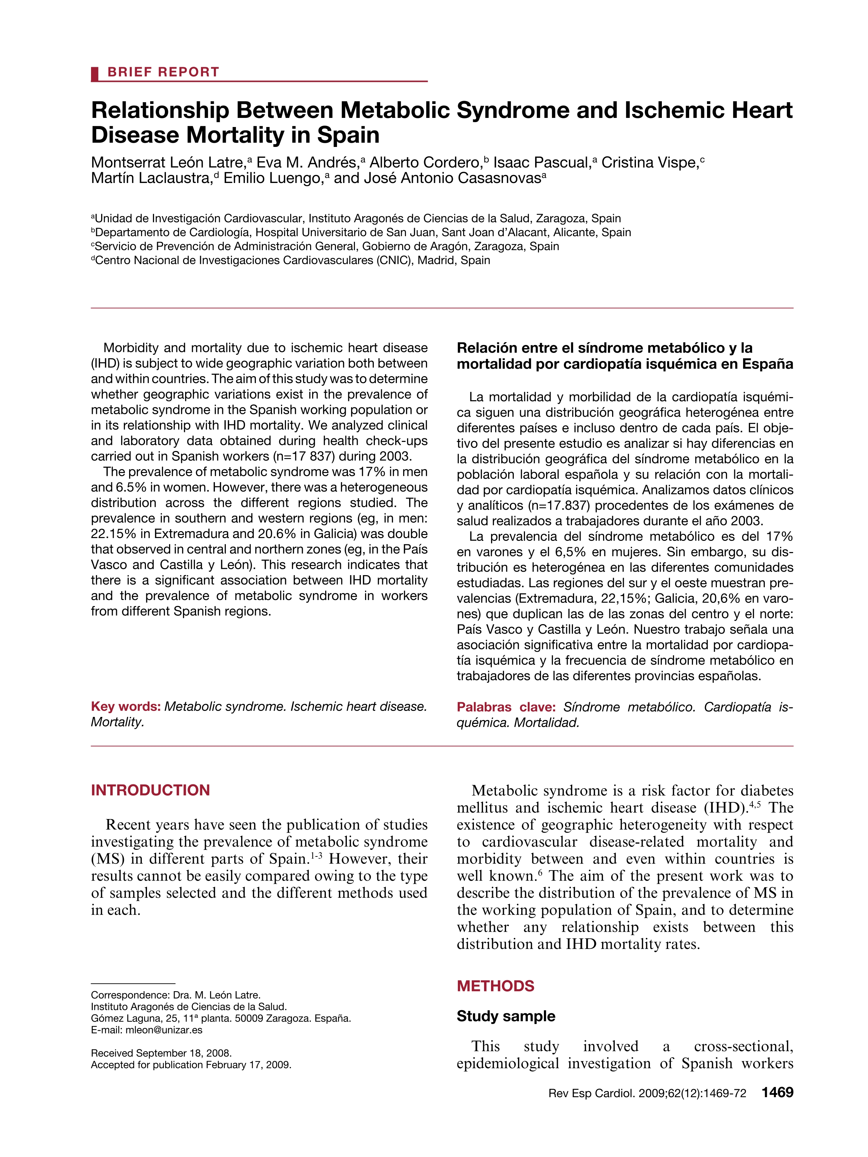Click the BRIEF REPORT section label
tap(163, 72)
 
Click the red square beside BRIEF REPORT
tap(95, 74)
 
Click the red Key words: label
tap(126, 707)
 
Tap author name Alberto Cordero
tap(425, 163)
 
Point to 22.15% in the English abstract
tap(112, 534)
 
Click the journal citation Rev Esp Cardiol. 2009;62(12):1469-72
tap(647, 1093)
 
